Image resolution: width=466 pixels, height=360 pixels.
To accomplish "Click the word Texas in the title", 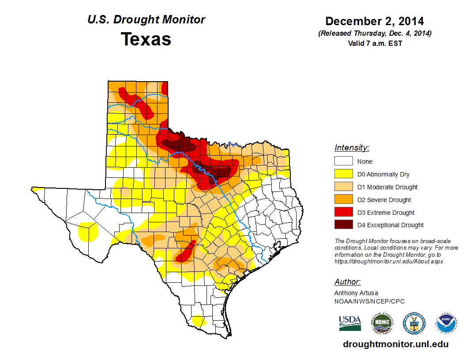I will (146, 39).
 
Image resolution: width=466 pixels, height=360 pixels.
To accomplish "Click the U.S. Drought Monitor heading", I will (146, 20).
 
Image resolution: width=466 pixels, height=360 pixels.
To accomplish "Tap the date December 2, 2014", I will (374, 21).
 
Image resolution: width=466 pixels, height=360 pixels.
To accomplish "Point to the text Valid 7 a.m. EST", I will (374, 43).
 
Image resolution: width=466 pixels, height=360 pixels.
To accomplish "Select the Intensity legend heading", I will (352, 148).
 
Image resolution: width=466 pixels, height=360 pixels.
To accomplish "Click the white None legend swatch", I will (343, 161).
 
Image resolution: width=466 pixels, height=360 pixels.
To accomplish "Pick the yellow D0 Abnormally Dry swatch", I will (343, 174).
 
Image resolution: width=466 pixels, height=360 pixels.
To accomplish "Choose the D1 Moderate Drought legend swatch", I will (343, 187).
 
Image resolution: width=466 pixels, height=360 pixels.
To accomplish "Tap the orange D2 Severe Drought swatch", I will (343, 200).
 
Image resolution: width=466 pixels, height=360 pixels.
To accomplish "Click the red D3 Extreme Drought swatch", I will (343, 213).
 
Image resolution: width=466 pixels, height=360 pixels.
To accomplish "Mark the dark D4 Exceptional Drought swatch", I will (343, 225).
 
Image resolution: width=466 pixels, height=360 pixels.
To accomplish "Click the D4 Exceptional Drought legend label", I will (390, 225).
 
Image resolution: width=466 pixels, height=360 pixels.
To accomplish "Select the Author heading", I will (347, 282).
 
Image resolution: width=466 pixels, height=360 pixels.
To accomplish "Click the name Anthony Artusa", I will (356, 293).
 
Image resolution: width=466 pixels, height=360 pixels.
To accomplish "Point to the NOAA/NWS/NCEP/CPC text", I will (369, 301).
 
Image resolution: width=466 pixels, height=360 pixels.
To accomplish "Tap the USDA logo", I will (350, 323).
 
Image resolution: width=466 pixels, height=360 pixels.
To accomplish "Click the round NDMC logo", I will (382, 323).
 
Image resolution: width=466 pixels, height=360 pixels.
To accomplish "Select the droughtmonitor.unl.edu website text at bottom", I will (395, 345).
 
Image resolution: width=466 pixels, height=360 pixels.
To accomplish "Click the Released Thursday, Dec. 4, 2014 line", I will (374, 34).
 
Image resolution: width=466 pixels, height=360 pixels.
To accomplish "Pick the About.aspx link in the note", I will (388, 261).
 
